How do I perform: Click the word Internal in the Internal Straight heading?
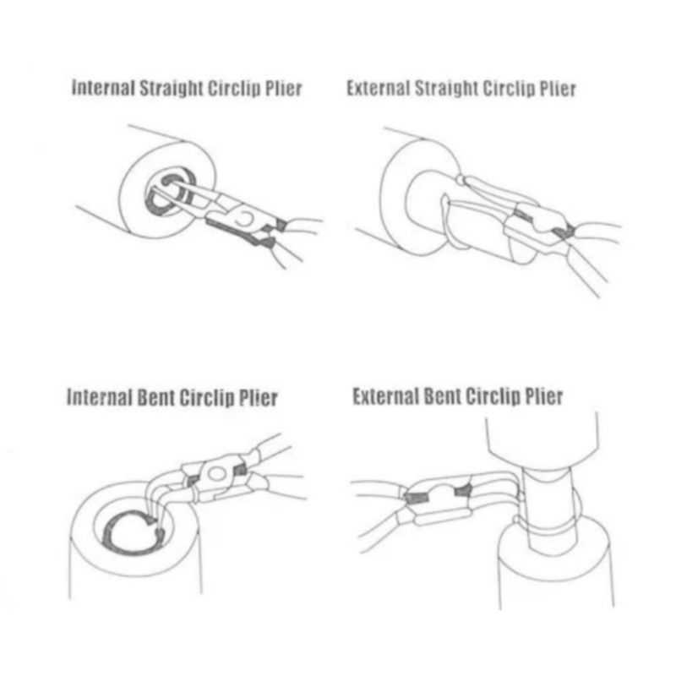pyautogui.click(x=103, y=88)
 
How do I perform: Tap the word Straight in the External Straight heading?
pyautogui.click(x=446, y=89)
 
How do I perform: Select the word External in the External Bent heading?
pyautogui.click(x=385, y=396)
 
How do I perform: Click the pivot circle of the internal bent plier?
pyautogui.click(x=217, y=474)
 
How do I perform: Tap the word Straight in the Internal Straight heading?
pyautogui.click(x=172, y=89)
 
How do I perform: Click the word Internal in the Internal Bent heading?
pyautogui.click(x=99, y=396)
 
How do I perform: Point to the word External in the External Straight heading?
pyautogui.click(x=379, y=89)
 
